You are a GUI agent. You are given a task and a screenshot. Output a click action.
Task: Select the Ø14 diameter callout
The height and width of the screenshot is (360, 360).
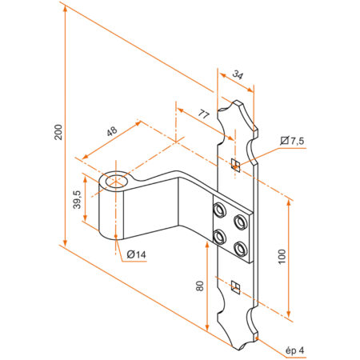(x=136, y=254)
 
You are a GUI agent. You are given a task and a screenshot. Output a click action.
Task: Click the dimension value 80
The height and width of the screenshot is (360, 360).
(x=199, y=286)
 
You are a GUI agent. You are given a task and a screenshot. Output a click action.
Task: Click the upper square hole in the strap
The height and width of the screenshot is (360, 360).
(x=235, y=165)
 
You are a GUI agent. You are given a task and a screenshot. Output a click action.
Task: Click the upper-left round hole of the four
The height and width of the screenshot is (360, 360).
(x=218, y=210)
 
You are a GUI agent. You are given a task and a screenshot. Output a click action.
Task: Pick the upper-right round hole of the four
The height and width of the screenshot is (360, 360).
(x=240, y=218)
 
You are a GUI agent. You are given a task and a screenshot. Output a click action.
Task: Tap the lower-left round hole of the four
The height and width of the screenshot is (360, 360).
(x=218, y=236)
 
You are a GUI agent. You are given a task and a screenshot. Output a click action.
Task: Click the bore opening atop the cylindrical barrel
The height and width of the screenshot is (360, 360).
(x=118, y=180)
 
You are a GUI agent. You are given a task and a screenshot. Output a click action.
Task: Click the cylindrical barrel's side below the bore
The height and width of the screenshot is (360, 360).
(x=113, y=216)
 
